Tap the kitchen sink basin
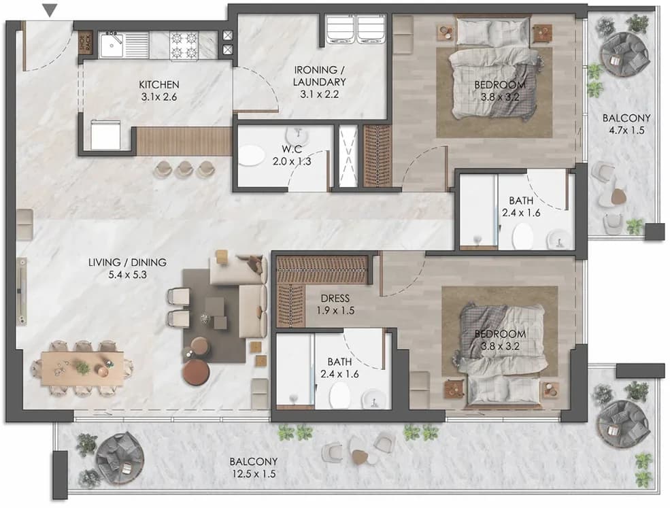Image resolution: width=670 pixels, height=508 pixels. click(x=112, y=44)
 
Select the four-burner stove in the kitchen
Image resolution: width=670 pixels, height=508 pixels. click(x=184, y=45)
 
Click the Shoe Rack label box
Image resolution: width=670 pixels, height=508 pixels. click(x=86, y=42)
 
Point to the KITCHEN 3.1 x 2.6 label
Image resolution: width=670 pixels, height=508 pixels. click(x=158, y=90)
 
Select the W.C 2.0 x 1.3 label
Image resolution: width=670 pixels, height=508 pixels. click(x=292, y=155)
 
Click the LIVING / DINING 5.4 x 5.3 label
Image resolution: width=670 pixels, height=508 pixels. click(x=127, y=269)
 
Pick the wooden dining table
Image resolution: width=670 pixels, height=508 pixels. click(x=82, y=369)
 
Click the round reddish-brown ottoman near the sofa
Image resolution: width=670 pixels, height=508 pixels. click(x=196, y=373)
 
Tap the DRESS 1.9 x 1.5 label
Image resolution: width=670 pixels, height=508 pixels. click(x=335, y=304)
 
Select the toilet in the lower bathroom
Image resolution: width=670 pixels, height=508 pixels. click(x=340, y=396)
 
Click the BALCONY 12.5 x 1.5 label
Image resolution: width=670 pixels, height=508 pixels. click(x=254, y=467)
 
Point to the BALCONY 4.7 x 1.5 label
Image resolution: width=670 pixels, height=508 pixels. click(x=626, y=124)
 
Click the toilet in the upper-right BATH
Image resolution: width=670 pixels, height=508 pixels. click(x=522, y=236)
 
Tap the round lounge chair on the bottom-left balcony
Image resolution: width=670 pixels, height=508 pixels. click(x=120, y=456)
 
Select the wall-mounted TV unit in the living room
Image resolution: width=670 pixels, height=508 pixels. click(x=21, y=291)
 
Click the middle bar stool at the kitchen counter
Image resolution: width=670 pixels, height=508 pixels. click(x=184, y=169)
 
